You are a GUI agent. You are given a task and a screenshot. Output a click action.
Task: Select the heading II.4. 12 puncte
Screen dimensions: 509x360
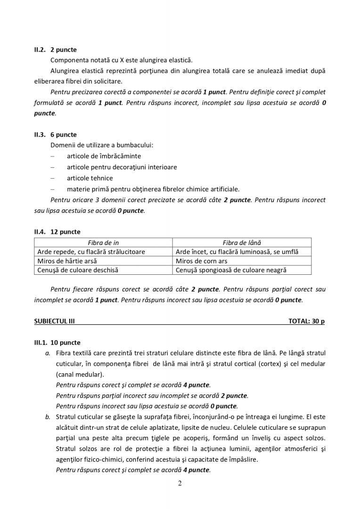pos(57,232)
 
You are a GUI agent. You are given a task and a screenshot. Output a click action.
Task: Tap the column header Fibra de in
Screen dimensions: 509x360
pos(104,242)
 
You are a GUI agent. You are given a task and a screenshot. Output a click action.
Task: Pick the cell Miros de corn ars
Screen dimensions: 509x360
pos(202,261)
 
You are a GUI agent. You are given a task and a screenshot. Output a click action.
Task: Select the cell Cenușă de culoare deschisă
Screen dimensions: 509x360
pos(78,270)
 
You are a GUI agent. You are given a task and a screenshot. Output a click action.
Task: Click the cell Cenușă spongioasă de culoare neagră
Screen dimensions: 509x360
pos(231,270)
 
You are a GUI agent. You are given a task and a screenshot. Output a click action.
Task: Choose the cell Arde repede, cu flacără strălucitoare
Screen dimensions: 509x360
pos(91,252)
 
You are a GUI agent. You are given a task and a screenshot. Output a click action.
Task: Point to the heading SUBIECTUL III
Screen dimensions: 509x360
pos(54,321)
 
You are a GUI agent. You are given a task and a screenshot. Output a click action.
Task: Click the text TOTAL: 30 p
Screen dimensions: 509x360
pos(306,321)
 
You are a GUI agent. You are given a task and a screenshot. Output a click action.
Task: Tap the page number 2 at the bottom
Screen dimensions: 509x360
pos(180,483)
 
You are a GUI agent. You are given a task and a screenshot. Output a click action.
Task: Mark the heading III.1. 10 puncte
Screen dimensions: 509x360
pos(57,343)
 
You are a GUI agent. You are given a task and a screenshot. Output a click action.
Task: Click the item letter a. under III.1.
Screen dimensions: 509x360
pos(48,353)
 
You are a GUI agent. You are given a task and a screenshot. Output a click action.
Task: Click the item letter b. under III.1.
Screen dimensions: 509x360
pos(48,417)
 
